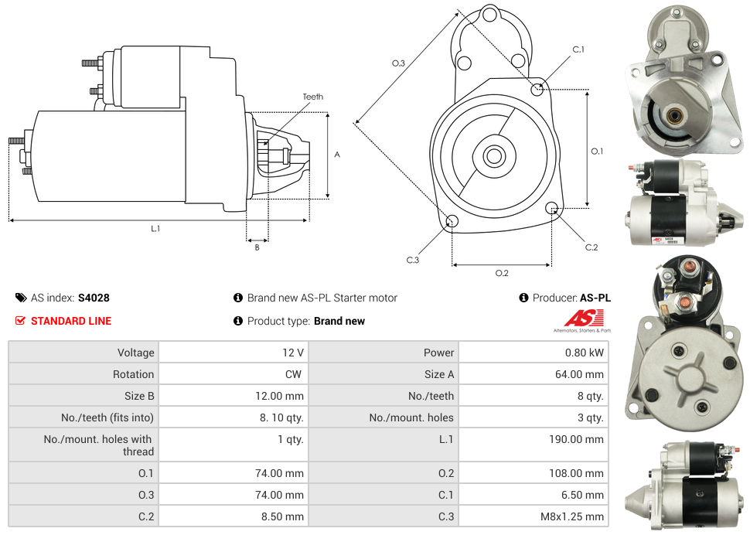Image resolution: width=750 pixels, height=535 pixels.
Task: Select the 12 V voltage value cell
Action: [292, 353]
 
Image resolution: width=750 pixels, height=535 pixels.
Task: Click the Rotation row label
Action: [133, 374]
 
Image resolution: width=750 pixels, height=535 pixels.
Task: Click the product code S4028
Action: [94, 298]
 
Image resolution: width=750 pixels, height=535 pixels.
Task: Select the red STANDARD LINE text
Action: [70, 321]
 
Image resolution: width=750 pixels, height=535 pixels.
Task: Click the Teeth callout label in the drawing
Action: [313, 97]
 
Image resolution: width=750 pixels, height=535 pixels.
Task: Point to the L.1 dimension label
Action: [155, 229]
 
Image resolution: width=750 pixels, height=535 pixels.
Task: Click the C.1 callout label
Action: [578, 49]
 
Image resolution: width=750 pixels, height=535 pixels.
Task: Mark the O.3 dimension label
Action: [398, 63]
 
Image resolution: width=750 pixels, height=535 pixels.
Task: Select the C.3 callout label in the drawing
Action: [413, 260]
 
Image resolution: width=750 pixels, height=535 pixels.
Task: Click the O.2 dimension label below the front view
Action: [502, 273]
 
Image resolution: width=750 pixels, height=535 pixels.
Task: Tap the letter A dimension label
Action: [337, 155]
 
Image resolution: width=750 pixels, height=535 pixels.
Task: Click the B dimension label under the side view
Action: [257, 247]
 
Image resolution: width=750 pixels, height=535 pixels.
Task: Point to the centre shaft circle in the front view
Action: [493, 156]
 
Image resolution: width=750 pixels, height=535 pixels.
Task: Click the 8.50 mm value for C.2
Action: [285, 516]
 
